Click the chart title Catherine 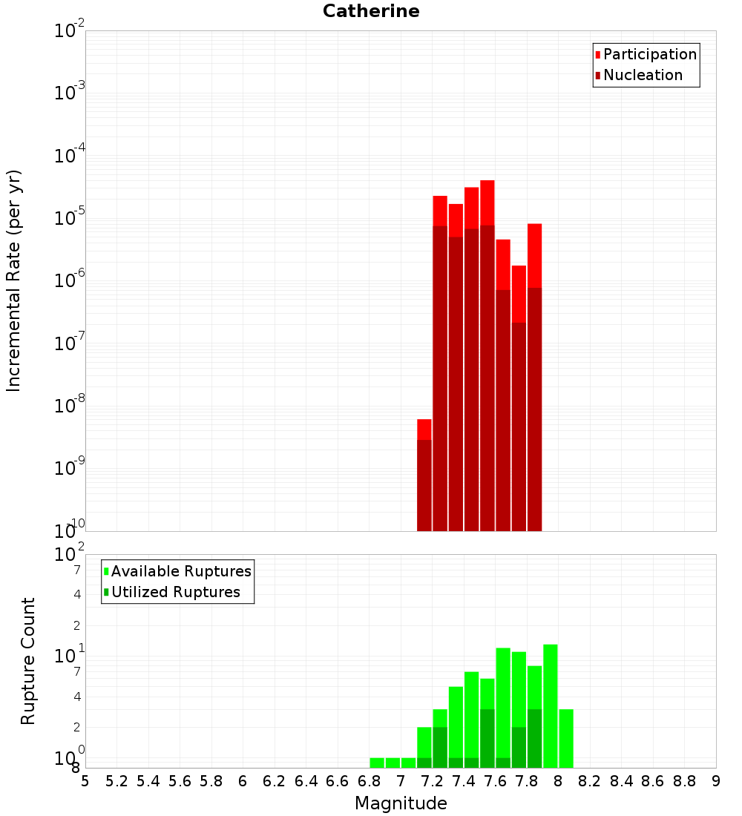[x=371, y=11]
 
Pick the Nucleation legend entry [x=643, y=75]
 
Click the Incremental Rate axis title [x=14, y=280]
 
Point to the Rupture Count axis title [x=28, y=661]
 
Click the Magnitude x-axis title [x=401, y=803]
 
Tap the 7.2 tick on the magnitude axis [x=432, y=781]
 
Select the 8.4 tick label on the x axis [x=621, y=781]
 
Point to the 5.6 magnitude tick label [x=180, y=781]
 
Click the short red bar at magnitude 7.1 [x=424, y=430]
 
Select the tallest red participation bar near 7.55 [x=487, y=202]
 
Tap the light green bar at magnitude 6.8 [x=377, y=763]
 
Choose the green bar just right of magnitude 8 [x=566, y=738]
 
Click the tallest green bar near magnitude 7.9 [x=550, y=705]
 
